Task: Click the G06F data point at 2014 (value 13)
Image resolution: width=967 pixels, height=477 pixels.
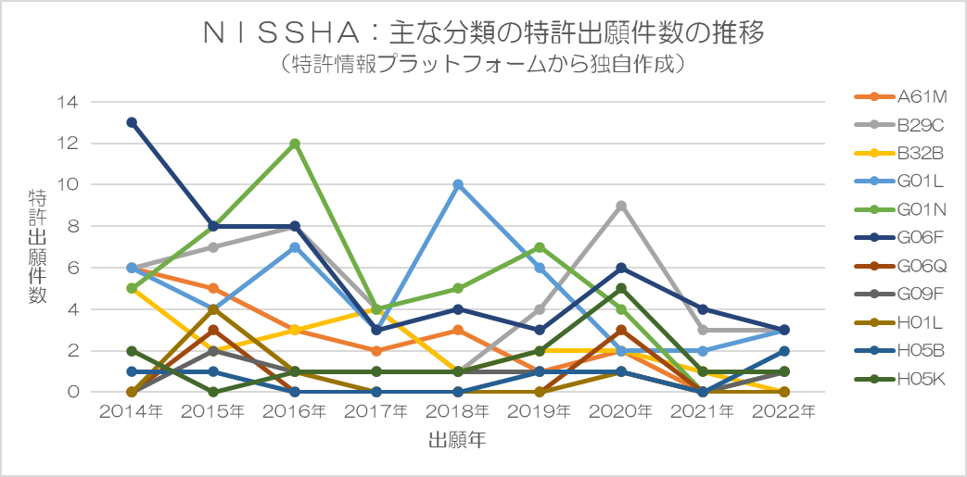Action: coord(132,122)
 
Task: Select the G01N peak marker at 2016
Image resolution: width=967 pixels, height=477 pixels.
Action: coord(295,144)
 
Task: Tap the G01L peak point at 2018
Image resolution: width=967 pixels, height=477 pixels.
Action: coord(458,184)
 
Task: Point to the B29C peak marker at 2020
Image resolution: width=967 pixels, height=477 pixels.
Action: coord(621,206)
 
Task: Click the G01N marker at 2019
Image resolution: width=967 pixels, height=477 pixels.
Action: coord(540,247)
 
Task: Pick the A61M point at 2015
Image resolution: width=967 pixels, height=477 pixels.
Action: coord(213,288)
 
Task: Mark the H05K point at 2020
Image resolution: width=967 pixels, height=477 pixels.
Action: coord(621,288)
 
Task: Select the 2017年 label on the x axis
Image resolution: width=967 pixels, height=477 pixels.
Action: coord(376,411)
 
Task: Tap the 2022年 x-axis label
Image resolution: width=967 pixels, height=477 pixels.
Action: coord(784,411)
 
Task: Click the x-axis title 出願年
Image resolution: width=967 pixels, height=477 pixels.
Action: coord(458,440)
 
